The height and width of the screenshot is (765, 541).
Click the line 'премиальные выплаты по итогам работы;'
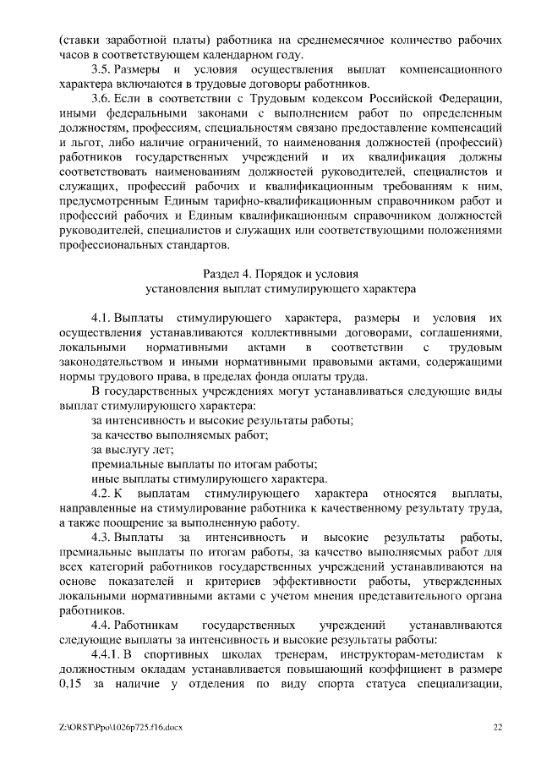[204, 464]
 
